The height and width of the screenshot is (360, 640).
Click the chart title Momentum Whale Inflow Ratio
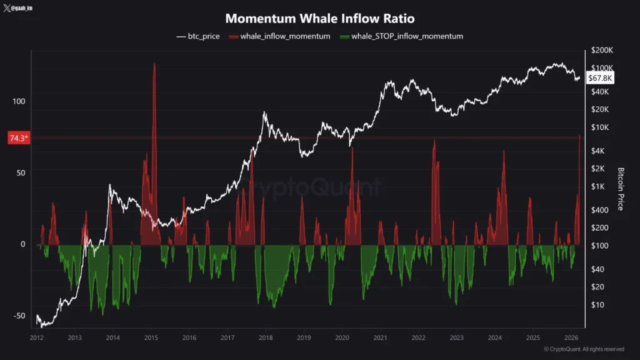coord(319,19)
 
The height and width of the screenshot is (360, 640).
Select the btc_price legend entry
coord(198,36)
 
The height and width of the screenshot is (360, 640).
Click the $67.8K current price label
coord(601,77)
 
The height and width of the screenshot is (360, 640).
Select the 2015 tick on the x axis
coord(151,337)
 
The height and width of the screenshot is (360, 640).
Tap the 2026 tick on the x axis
coord(571,337)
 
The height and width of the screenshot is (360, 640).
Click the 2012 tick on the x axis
coord(36,337)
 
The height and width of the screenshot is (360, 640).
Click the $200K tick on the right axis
coord(602,50)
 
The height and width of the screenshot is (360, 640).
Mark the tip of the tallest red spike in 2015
coord(154,64)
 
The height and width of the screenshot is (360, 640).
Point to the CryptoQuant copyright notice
coord(583,349)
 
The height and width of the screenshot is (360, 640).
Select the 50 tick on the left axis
coord(20,172)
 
